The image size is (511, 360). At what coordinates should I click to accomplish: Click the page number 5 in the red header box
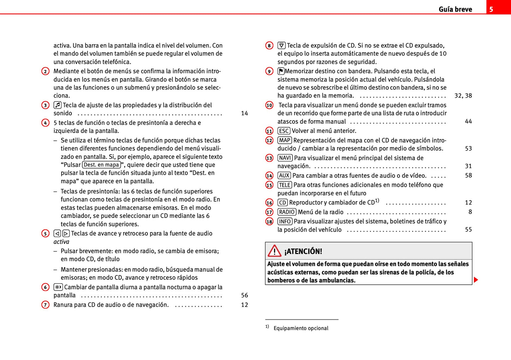click(x=491, y=9)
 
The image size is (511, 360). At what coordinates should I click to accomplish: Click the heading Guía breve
click(x=455, y=10)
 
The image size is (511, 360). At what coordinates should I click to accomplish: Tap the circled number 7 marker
click(x=45, y=305)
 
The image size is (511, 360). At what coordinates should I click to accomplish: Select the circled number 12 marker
click(x=269, y=140)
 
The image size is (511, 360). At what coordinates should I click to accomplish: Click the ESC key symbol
click(x=284, y=131)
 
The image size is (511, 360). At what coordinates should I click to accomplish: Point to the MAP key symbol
click(x=285, y=140)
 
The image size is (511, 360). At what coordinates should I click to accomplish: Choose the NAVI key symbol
click(x=285, y=158)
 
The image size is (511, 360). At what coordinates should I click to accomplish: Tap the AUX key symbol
click(x=284, y=175)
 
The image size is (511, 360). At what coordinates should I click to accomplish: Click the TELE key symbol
click(x=285, y=185)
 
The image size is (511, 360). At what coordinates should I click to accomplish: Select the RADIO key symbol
click(x=287, y=212)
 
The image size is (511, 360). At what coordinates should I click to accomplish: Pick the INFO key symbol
click(x=285, y=221)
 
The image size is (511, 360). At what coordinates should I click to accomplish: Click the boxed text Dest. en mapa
click(x=101, y=165)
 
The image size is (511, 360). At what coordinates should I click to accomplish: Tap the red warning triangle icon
click(x=274, y=251)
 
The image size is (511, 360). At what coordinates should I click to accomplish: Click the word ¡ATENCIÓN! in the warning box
click(x=303, y=251)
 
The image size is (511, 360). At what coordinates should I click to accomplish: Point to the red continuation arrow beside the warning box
click(x=476, y=280)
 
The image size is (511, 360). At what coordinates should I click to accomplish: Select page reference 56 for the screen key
click(x=244, y=295)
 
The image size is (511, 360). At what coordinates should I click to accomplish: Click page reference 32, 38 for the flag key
click(x=463, y=95)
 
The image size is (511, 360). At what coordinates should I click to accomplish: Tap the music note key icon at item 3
click(x=58, y=105)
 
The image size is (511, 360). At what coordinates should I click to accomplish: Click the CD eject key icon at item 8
click(x=281, y=45)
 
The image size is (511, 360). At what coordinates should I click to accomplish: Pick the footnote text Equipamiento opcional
click(x=301, y=328)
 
